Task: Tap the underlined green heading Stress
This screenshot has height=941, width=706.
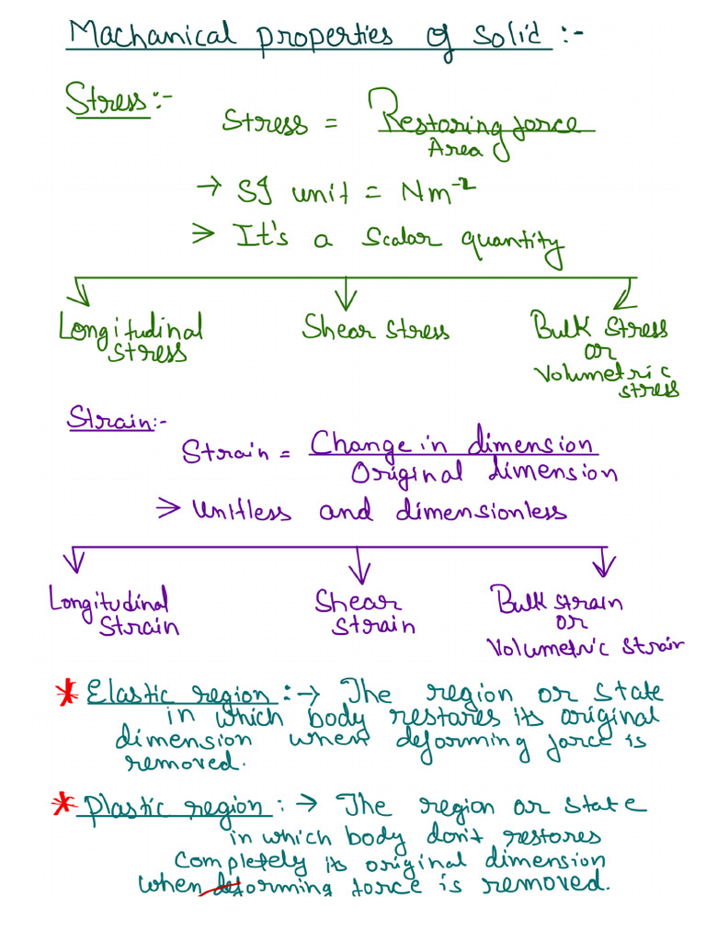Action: [107, 99]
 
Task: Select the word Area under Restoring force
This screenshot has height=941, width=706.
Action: [455, 148]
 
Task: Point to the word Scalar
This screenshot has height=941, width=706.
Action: [401, 238]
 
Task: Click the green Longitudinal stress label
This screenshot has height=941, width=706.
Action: [131, 336]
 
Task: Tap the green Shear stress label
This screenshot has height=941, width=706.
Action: [376, 328]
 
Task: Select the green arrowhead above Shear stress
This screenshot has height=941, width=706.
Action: [346, 300]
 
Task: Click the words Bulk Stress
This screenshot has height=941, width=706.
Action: [598, 326]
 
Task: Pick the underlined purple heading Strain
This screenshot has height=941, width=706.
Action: [110, 418]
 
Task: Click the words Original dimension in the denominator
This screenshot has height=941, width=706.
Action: [484, 473]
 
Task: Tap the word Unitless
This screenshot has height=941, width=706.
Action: [242, 511]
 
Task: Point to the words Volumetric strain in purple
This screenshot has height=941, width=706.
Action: [585, 647]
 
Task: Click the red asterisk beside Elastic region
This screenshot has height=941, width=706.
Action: [66, 692]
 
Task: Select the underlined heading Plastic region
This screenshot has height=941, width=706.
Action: [173, 808]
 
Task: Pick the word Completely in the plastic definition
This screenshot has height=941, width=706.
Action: [240, 862]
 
